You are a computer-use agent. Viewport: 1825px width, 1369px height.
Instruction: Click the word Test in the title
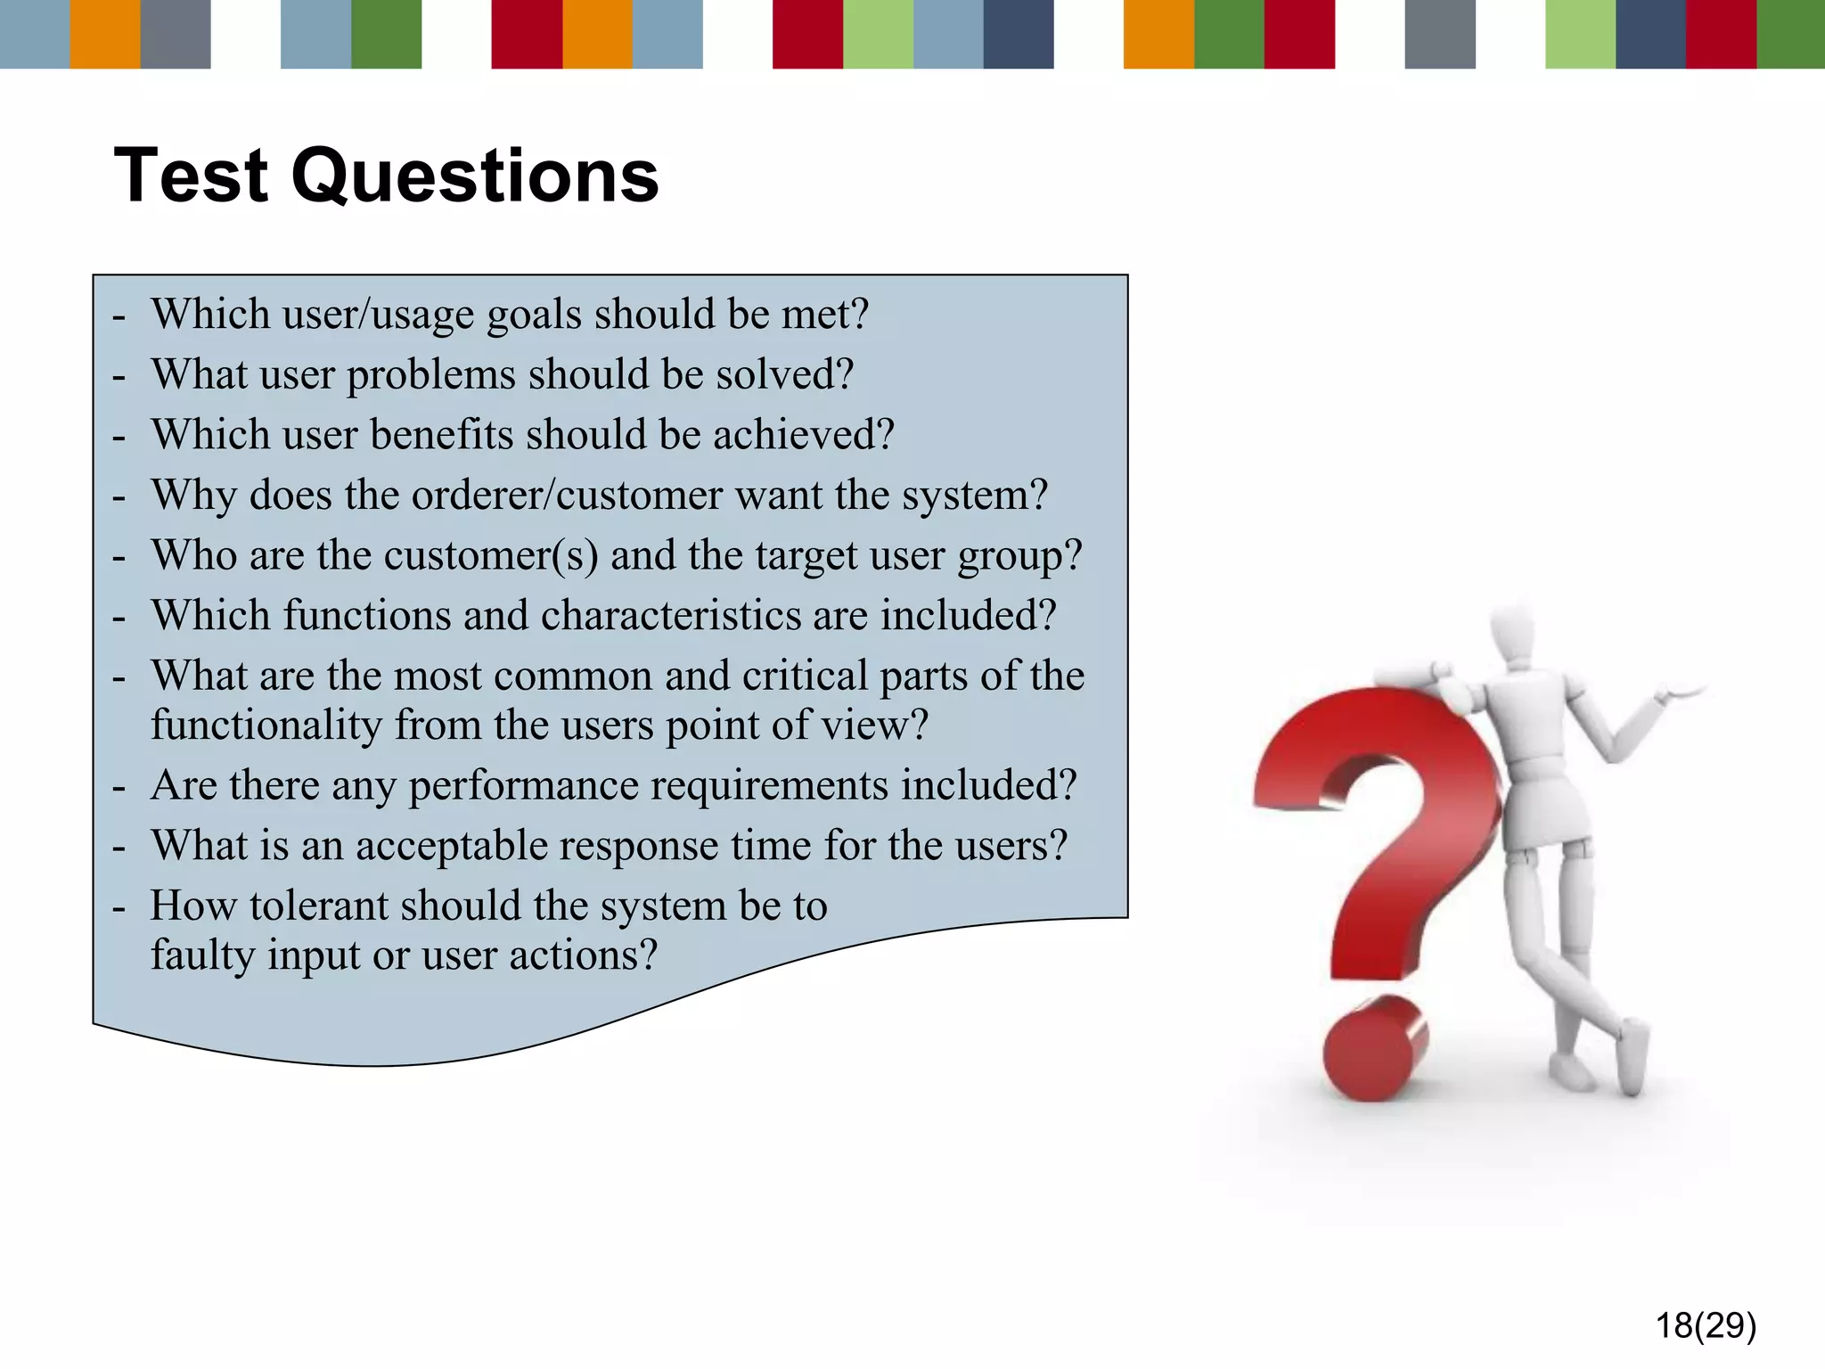(x=192, y=176)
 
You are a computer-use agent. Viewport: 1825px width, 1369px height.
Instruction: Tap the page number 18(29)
(x=1706, y=1325)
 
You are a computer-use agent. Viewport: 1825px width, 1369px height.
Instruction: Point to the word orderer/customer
(x=567, y=495)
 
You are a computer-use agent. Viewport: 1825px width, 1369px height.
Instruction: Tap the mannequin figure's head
(x=1514, y=635)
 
